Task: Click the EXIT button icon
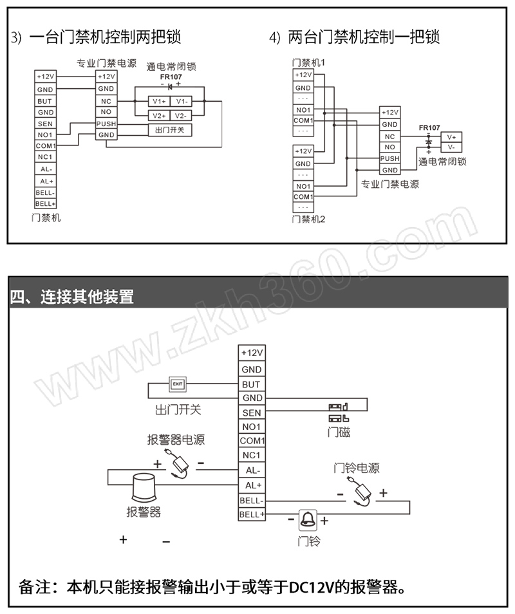177,384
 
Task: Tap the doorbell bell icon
308,519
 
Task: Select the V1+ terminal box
158,101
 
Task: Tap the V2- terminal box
181,116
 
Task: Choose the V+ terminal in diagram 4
451,136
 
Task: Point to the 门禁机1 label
308,62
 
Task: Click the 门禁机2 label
308,219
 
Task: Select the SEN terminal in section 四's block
252,413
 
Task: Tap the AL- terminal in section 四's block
252,470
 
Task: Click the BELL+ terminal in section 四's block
252,514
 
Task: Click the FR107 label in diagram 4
429,127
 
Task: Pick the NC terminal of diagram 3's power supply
106,101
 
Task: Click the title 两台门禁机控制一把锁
364,37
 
